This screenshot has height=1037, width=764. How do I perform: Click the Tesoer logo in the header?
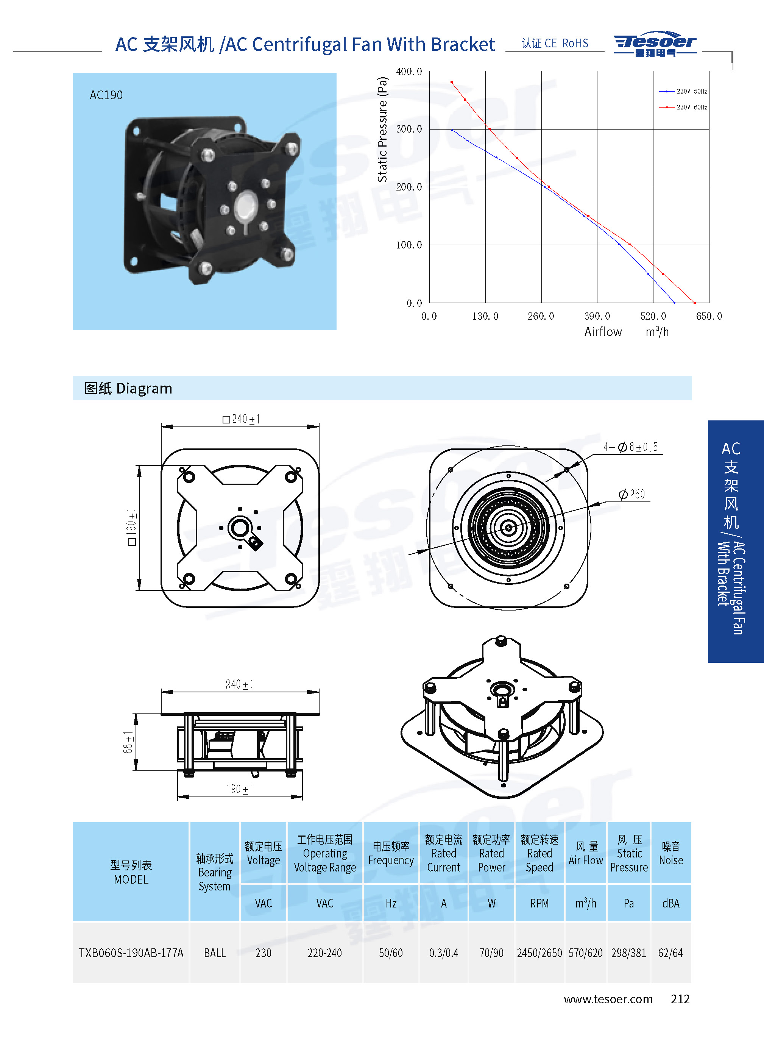(x=655, y=44)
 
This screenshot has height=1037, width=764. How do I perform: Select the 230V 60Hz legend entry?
(x=683, y=107)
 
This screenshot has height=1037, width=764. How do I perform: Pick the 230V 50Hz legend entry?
(x=683, y=92)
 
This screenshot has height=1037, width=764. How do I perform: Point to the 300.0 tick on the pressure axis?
(x=409, y=129)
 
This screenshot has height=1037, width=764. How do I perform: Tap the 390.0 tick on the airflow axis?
(x=597, y=316)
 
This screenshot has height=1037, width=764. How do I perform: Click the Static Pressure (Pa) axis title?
(x=382, y=129)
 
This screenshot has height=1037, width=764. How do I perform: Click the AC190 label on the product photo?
(x=106, y=95)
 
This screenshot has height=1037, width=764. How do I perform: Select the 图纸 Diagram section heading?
(x=128, y=388)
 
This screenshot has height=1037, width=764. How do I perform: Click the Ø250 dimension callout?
(x=632, y=494)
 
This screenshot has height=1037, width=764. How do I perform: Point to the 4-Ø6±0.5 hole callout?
(x=630, y=447)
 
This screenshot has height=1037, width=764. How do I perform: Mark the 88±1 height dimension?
(x=128, y=742)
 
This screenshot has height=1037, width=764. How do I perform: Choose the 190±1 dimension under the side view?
(x=240, y=789)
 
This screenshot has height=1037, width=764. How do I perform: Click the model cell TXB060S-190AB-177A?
(x=131, y=953)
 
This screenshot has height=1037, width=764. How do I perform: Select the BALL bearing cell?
(x=215, y=953)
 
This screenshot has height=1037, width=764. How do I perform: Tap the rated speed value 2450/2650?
(x=539, y=953)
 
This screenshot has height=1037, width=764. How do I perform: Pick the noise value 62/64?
(x=670, y=953)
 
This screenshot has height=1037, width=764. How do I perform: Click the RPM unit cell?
(x=539, y=903)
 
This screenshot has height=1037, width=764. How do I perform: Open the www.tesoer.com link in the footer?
(x=608, y=999)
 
